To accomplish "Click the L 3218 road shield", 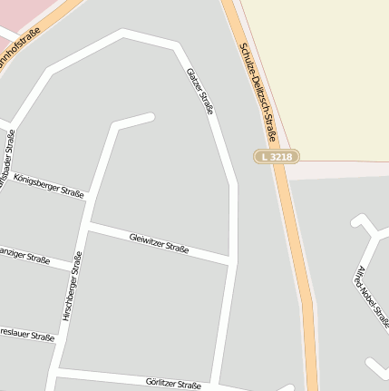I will coord(276,157).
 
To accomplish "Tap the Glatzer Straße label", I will coord(200,91).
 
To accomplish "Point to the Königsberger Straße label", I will coord(49,184).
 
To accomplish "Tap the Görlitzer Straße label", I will coord(173,384).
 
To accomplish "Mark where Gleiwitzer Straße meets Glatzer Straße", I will coord(232,263).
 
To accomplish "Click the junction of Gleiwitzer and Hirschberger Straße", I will coord(90,224).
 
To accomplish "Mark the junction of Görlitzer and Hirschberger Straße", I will coord(57,371).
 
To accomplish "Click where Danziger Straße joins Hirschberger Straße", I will coord(75,271).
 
